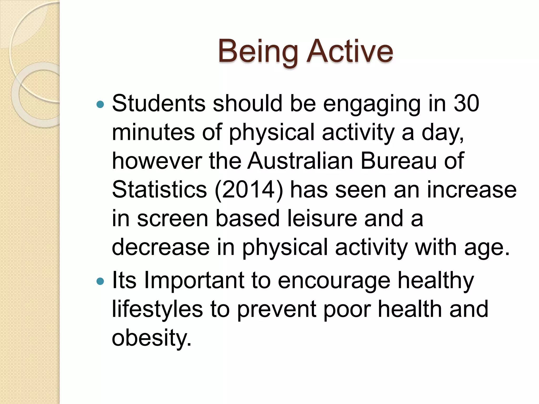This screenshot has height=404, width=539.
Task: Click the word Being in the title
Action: point(258,51)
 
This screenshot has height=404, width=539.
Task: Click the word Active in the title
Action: point(350,51)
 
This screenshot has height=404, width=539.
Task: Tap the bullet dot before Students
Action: point(100,105)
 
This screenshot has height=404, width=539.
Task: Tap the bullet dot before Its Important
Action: point(100,282)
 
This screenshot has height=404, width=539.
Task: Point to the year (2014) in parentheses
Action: point(249,190)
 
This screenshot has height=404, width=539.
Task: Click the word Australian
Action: point(300,161)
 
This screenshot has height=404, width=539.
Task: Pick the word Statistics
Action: point(159,190)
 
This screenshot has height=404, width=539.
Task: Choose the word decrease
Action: point(161,247)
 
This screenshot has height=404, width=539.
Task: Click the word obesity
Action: point(151,338)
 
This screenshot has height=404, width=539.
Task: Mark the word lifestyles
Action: point(157,309)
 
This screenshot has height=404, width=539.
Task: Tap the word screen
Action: point(173,218)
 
